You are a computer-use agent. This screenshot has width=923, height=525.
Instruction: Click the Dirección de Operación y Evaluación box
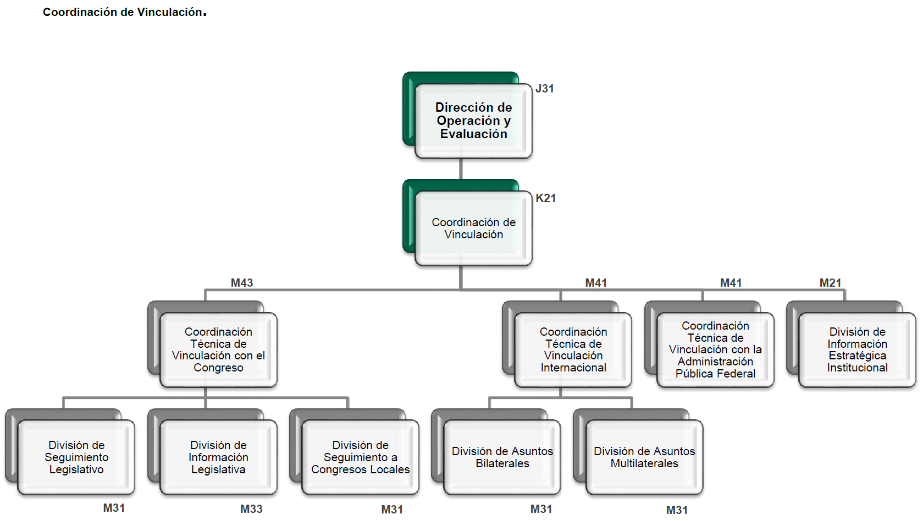click(473, 121)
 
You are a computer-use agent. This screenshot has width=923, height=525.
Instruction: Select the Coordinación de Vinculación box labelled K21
click(473, 228)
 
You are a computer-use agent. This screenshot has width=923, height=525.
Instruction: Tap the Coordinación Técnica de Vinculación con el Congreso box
click(218, 349)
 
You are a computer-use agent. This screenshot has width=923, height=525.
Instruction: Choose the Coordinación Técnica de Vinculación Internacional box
click(573, 349)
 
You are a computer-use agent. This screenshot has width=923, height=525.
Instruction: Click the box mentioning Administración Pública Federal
click(715, 349)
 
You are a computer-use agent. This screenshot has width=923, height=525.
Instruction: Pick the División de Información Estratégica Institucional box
click(857, 349)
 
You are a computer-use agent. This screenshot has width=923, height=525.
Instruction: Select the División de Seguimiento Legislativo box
click(76, 457)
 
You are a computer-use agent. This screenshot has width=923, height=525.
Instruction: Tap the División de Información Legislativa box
click(218, 457)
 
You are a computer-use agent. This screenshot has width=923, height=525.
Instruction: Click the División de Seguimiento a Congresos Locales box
click(360, 457)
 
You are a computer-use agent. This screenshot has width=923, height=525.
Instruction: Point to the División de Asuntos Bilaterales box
click(502, 457)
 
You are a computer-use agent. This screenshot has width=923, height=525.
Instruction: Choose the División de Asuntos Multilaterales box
click(644, 457)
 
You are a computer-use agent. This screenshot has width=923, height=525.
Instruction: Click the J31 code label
click(544, 89)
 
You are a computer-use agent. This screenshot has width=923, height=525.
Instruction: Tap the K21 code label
click(545, 198)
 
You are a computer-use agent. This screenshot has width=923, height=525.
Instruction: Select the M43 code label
click(242, 283)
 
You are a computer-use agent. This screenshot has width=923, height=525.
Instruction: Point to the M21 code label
click(830, 283)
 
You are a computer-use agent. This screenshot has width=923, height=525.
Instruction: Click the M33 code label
click(251, 509)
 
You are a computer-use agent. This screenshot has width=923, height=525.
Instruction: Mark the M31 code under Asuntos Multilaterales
click(677, 510)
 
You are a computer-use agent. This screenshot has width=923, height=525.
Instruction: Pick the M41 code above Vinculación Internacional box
click(596, 283)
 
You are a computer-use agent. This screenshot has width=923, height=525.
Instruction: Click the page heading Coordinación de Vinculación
click(124, 12)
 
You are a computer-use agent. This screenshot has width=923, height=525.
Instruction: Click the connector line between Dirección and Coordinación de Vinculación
click(461, 169)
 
